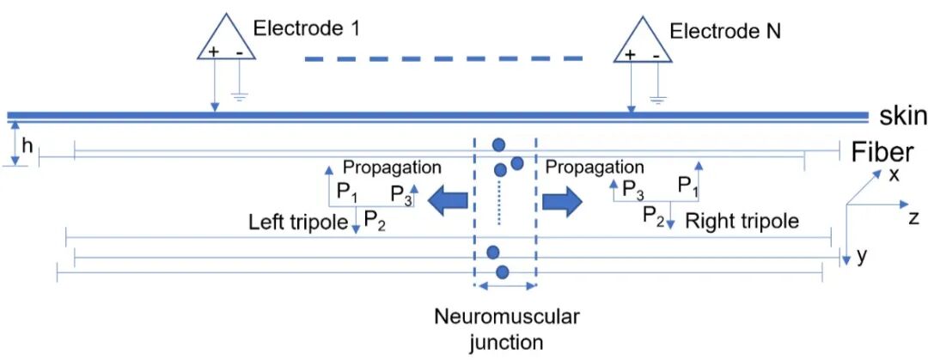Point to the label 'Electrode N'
tap(725, 33)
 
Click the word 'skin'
tap(901, 116)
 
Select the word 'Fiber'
tap(882, 153)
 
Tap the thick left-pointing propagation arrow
tap(449, 201)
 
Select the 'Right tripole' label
tap(748, 221)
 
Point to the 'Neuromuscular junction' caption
tap(506, 328)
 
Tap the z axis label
tap(913, 218)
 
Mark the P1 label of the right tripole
tap(687, 184)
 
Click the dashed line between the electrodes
tap(443, 59)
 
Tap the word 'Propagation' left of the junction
tap(392, 167)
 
